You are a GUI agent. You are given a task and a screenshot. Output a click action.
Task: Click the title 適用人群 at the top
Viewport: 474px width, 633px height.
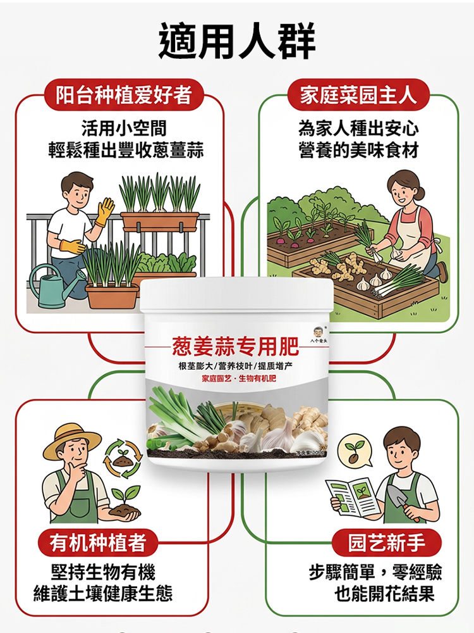pyautogui.click(x=237, y=42)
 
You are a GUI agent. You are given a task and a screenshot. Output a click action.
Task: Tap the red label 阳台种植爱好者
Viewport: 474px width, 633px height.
pyautogui.click(x=123, y=96)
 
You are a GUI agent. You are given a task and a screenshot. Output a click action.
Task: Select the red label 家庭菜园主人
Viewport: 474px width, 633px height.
pyautogui.click(x=358, y=96)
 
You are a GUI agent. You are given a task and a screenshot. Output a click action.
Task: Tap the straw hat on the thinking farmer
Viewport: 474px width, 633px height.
pyautogui.click(x=72, y=439)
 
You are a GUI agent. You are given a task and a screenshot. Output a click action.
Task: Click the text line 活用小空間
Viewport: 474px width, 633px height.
pyautogui.click(x=125, y=129)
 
